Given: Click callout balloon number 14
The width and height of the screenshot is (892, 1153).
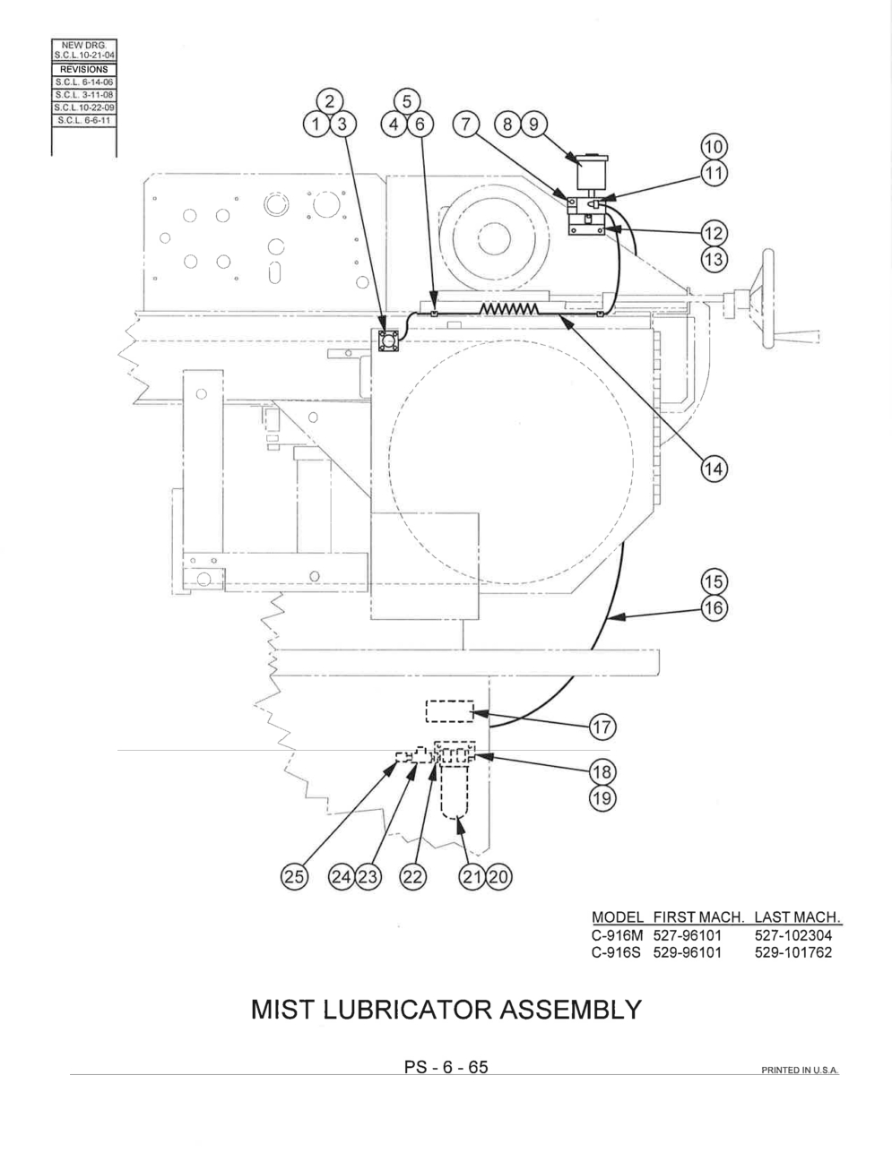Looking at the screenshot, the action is click(714, 469).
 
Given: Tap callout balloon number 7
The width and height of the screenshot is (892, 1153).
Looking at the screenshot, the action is click(465, 125).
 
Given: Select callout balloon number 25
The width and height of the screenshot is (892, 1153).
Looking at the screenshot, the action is click(294, 876).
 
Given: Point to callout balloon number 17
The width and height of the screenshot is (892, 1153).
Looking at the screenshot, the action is click(602, 727).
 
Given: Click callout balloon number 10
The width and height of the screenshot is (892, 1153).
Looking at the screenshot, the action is click(714, 147).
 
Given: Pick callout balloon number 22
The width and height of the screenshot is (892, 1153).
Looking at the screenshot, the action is click(412, 876).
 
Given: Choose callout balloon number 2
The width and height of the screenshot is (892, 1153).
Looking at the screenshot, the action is click(330, 101).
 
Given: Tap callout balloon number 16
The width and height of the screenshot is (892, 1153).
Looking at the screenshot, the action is click(714, 607).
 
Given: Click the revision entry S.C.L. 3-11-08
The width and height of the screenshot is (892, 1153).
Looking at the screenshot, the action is click(84, 95).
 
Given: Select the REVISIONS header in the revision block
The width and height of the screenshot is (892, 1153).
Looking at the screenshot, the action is click(84, 70).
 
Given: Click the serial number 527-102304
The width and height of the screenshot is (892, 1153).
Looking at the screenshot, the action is click(793, 935).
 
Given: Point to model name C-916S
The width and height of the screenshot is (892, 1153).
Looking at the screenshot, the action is click(616, 952).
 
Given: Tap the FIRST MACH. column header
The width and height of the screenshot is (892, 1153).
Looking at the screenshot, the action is click(698, 916).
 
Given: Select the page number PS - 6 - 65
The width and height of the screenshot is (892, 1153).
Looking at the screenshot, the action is click(446, 1067).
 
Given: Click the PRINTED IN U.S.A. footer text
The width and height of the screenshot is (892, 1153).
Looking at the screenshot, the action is click(801, 1071).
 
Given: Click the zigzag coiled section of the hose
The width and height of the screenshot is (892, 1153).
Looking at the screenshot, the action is click(509, 308).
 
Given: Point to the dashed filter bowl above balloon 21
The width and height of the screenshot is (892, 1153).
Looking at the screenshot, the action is click(455, 791).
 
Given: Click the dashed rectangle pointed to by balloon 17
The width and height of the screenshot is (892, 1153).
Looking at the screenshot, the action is click(450, 711).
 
